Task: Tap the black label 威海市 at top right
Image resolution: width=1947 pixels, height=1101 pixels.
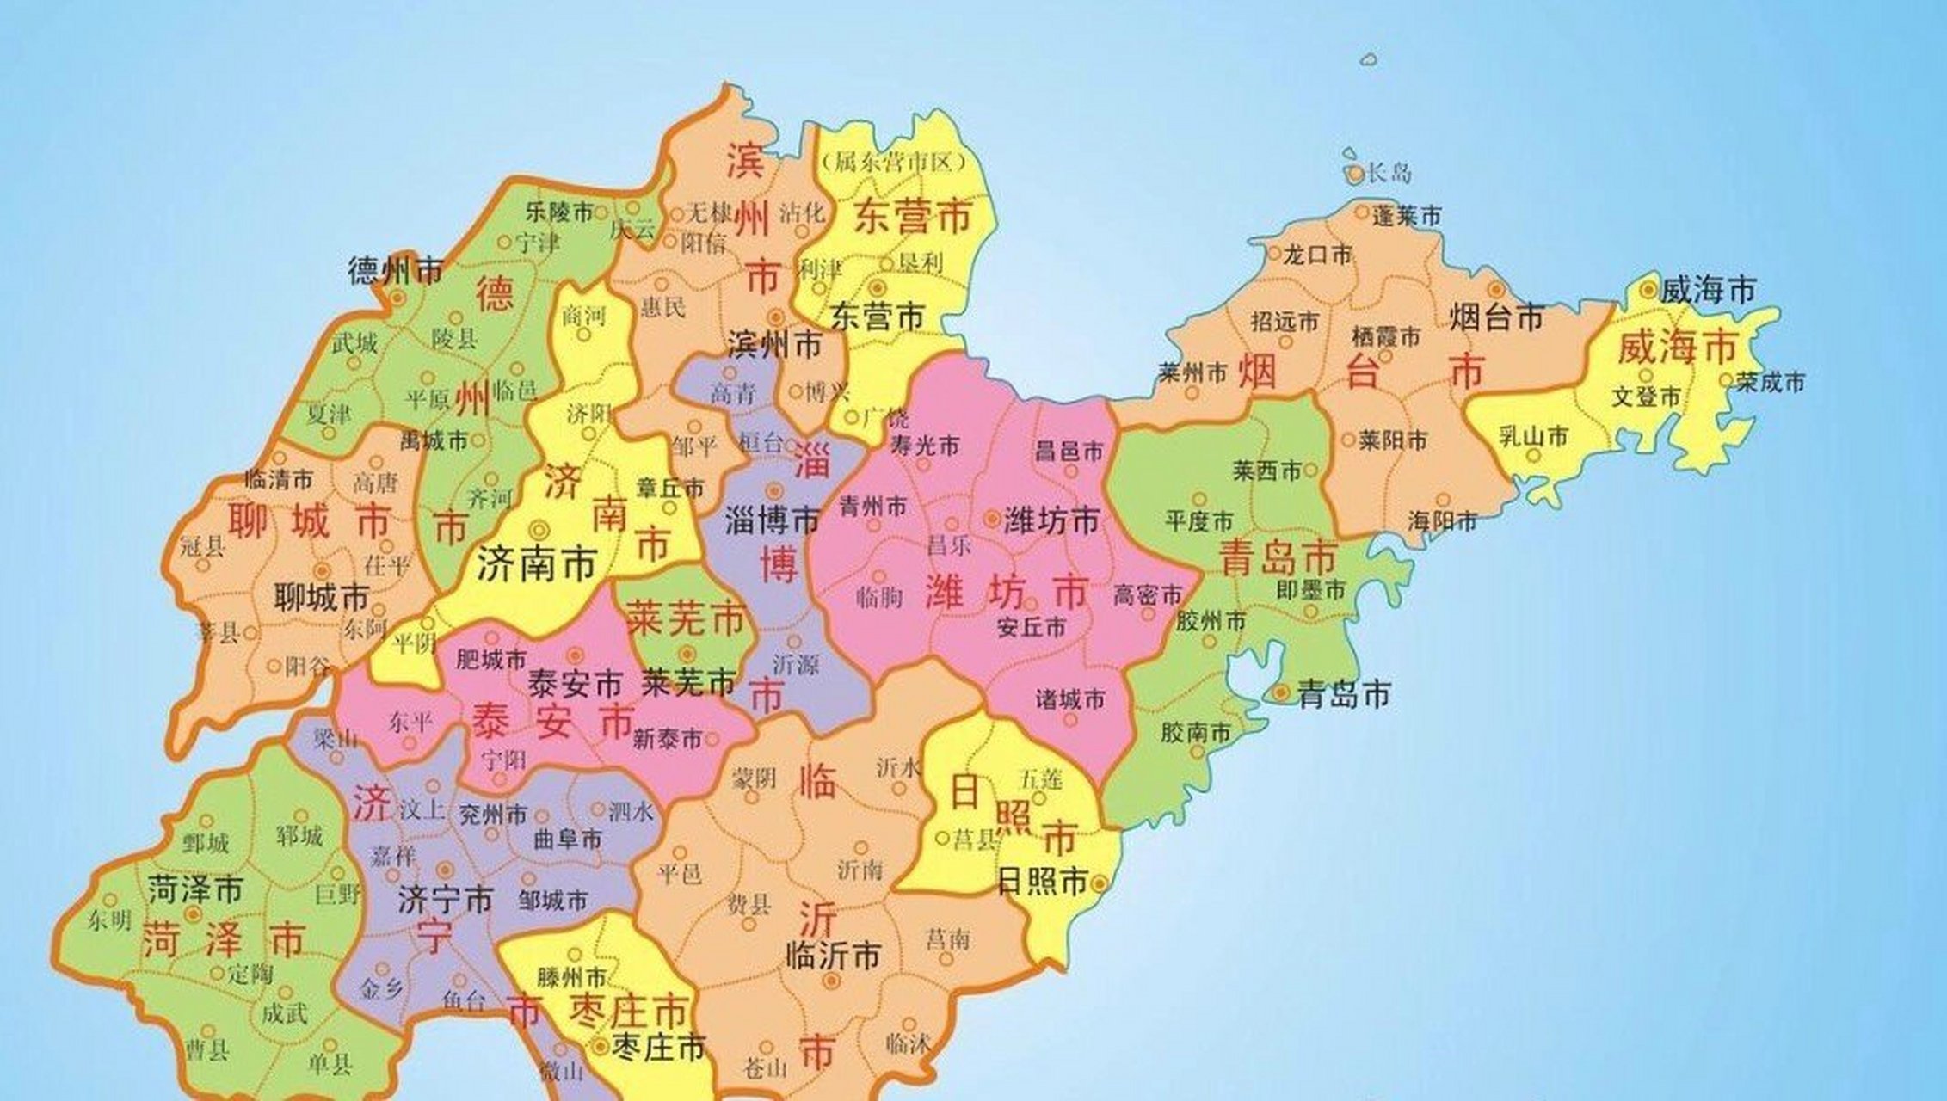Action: coord(1707,291)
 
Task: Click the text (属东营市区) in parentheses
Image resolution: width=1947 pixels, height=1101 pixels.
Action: coord(895,162)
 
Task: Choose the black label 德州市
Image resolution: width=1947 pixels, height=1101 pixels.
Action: coord(395,272)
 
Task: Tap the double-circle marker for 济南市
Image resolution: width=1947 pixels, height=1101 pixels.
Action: coord(540,529)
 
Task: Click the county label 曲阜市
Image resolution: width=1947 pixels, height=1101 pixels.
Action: coord(567,839)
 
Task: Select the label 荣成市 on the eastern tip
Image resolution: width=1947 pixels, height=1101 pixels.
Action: coord(1770,382)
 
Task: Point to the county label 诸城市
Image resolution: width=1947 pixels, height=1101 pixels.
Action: coord(1070,699)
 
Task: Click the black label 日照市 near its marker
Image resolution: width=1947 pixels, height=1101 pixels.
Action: coord(1042,882)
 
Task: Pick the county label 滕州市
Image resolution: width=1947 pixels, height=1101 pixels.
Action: coord(572,978)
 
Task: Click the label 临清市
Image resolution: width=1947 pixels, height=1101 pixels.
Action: coord(279,478)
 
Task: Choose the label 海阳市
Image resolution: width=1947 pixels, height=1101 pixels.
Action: coord(1443,520)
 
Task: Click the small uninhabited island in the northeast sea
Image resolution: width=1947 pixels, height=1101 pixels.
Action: coord(1370,60)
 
